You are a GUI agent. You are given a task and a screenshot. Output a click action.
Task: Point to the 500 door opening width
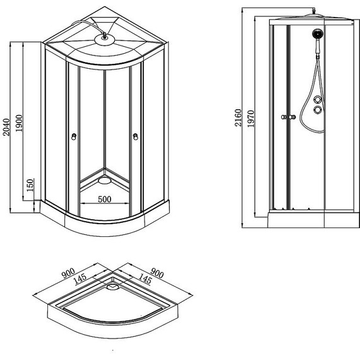105,200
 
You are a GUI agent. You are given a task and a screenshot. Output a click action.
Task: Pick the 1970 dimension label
251,119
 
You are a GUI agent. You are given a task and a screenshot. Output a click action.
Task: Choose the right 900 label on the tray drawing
157,273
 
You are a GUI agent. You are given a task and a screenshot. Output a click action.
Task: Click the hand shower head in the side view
316,33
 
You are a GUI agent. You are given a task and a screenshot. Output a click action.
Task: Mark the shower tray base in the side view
310,219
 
